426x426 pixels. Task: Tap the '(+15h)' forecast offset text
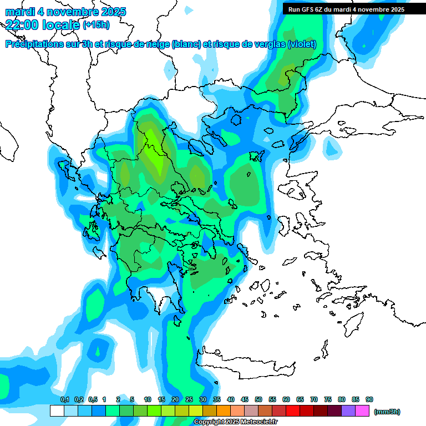click(x=96, y=24)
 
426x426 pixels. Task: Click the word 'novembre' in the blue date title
click(x=75, y=12)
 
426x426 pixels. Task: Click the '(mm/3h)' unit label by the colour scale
click(x=387, y=412)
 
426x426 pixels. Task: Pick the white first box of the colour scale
click(x=57, y=411)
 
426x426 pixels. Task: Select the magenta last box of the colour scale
click(x=362, y=411)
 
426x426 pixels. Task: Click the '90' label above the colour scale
click(x=369, y=399)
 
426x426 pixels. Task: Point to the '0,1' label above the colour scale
click(x=64, y=399)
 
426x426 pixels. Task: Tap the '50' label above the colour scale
click(x=258, y=399)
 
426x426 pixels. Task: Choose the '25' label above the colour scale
click(x=189, y=399)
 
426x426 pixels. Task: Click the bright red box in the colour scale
click(x=293, y=411)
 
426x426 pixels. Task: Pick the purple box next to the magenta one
click(x=348, y=411)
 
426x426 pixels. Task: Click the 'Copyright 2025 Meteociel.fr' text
click(x=235, y=422)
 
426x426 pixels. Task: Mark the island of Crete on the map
click(x=244, y=363)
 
